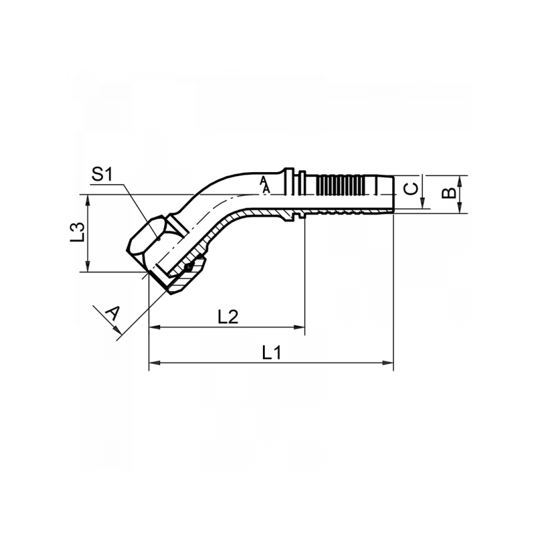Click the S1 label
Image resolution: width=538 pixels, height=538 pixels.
point(102,174)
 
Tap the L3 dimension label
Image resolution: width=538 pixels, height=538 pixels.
point(77,232)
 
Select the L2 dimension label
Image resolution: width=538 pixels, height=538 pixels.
point(228,317)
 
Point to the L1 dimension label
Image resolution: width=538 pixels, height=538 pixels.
point(272,352)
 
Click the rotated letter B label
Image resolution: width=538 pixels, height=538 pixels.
point(449,193)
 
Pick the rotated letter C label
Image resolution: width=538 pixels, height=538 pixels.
point(410,189)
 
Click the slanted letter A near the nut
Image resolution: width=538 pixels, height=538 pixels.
point(113,313)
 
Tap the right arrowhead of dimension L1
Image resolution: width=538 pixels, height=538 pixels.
point(388,362)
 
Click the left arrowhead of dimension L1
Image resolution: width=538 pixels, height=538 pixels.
point(155,362)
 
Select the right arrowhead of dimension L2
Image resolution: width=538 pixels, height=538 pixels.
point(299,328)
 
